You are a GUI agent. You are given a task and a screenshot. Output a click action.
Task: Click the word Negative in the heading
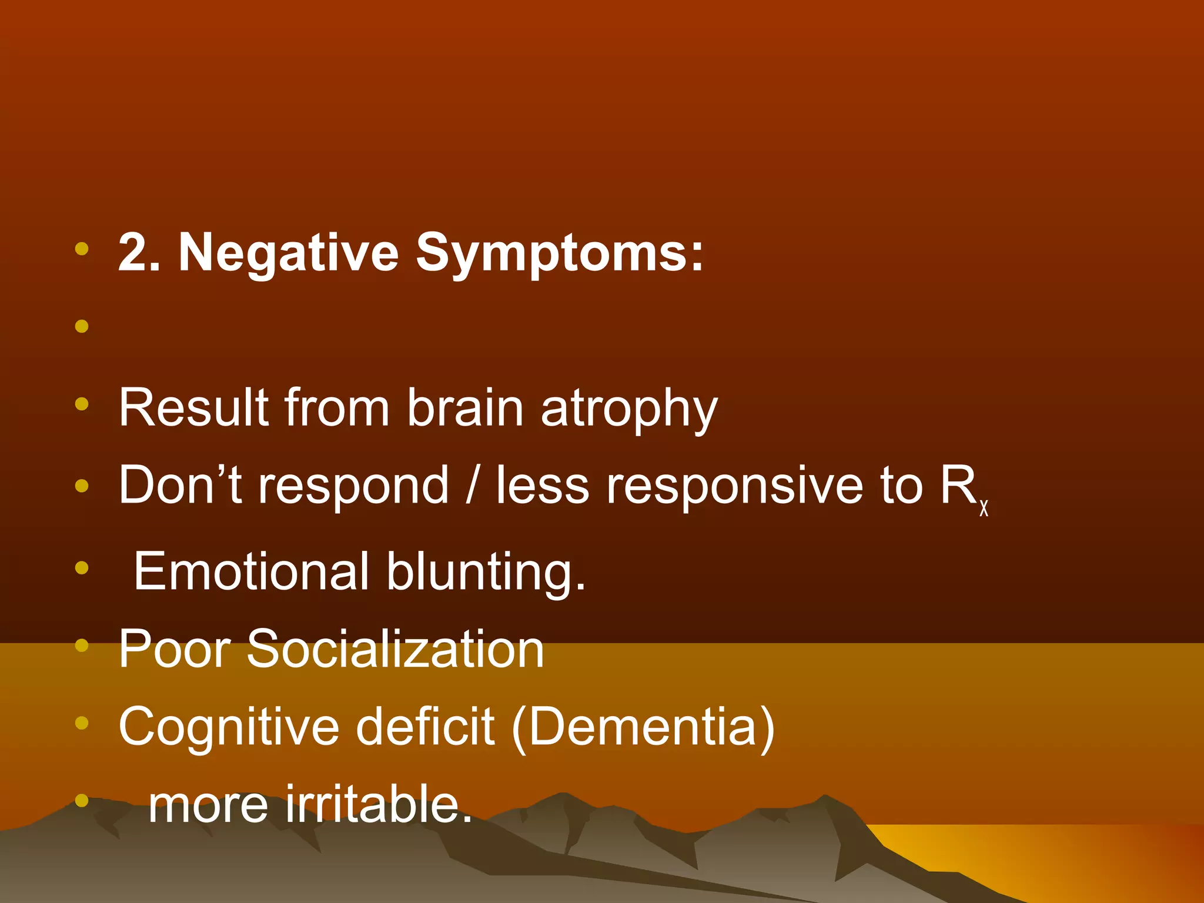coord(288,253)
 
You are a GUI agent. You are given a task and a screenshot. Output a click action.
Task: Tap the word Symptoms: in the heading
coord(559,253)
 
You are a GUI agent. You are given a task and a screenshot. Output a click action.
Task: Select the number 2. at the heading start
coord(139,253)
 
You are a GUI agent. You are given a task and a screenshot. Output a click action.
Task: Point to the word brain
coord(464,408)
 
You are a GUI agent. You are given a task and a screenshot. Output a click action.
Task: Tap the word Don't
coord(180,486)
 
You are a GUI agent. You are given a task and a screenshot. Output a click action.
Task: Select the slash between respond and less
coord(471,486)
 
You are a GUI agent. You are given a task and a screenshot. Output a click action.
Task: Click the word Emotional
coord(252,571)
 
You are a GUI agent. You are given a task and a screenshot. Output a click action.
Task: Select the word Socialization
coord(395,649)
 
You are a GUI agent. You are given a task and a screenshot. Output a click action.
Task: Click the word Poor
coord(175,649)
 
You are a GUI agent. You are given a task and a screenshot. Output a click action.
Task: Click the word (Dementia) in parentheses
coord(643,728)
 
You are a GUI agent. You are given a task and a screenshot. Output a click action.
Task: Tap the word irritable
coord(379,804)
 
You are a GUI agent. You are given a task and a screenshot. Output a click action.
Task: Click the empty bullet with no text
coord(82,326)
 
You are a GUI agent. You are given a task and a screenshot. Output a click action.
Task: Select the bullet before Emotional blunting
coord(82,568)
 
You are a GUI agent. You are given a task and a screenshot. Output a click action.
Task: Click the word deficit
coord(425,727)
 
